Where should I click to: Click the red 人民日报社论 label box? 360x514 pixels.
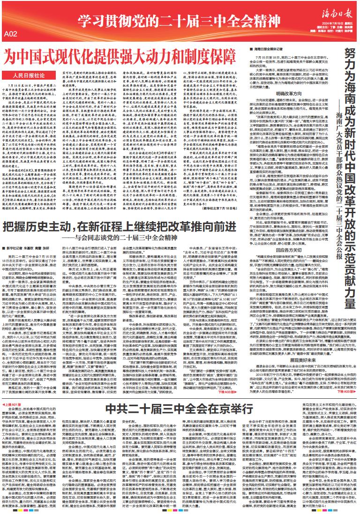(x=29, y=75)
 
